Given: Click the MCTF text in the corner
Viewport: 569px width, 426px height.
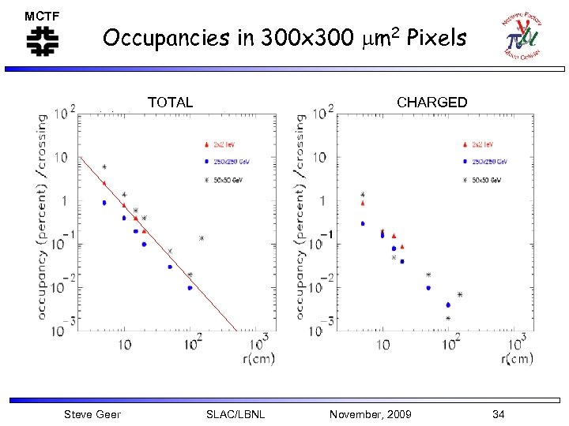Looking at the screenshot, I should [x=42, y=16].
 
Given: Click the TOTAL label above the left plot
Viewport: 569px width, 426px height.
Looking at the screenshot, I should [x=170, y=103].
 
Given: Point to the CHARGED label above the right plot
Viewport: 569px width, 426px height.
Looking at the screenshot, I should [x=431, y=103].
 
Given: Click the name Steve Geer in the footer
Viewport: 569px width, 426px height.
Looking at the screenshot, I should [x=92, y=414].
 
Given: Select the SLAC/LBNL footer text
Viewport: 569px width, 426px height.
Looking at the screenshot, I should [x=235, y=414].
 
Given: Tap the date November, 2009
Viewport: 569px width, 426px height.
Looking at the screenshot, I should [x=370, y=414].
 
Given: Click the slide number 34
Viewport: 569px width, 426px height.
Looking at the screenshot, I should [x=498, y=414].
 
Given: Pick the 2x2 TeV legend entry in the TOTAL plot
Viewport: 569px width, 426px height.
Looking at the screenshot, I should [x=226, y=144].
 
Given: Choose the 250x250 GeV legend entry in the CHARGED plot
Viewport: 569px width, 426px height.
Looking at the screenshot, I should [x=484, y=163].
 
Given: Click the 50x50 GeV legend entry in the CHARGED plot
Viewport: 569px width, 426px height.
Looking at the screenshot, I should [x=484, y=181].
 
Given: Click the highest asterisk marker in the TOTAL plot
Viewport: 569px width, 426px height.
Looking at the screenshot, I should [x=104, y=167].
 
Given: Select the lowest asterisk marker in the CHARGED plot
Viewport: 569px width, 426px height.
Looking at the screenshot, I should [x=448, y=319].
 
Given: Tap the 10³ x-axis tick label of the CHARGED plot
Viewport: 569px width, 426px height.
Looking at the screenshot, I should [x=518, y=344].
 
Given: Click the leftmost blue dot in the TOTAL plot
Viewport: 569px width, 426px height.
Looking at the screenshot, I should [x=104, y=203].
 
